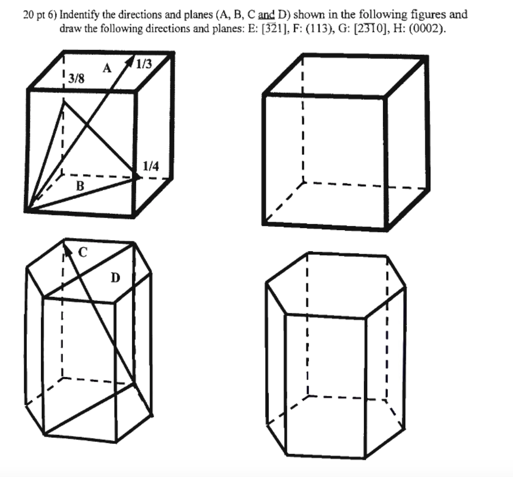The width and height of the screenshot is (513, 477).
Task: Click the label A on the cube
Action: point(107,69)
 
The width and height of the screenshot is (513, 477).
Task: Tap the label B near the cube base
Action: point(79,186)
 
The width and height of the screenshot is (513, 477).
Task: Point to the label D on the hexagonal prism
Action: point(116,277)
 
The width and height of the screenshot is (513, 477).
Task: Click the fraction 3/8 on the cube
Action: point(77,78)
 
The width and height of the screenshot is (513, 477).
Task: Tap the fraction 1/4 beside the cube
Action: point(151,166)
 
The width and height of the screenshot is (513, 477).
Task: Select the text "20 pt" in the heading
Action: point(34,15)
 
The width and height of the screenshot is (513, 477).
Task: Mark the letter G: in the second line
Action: point(344,29)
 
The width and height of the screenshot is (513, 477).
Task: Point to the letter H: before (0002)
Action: point(400,29)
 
